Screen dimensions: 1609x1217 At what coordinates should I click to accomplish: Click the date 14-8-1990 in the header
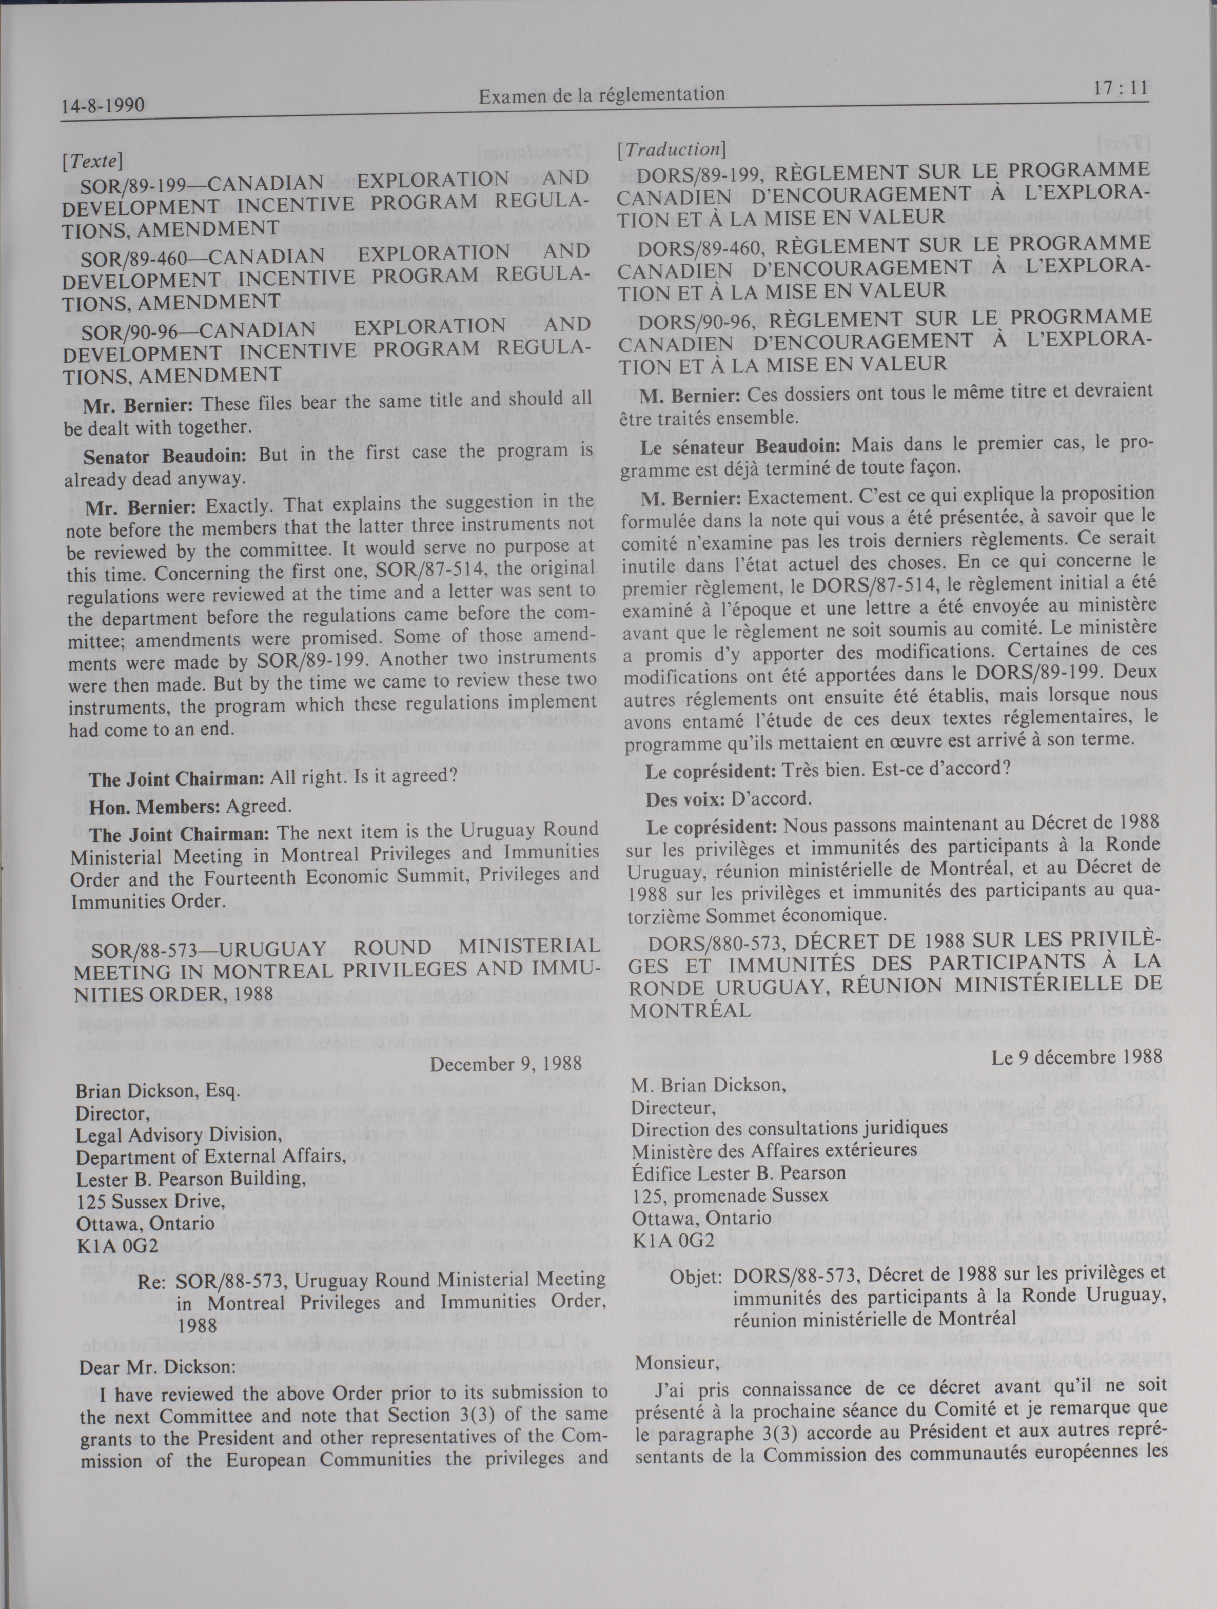pyautogui.click(x=103, y=106)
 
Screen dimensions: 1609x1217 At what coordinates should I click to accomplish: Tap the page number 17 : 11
pyautogui.click(x=1119, y=89)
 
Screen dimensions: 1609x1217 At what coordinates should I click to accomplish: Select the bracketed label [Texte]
pyautogui.click(x=92, y=159)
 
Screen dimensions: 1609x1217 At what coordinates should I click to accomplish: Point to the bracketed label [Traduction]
pyautogui.click(x=671, y=149)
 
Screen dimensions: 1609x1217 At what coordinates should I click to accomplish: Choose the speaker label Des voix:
pyautogui.click(x=683, y=798)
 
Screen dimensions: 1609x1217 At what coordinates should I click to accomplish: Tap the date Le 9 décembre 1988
pyautogui.click(x=1076, y=1057)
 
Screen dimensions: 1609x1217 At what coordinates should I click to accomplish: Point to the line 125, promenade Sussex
pyautogui.click(x=730, y=1195)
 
